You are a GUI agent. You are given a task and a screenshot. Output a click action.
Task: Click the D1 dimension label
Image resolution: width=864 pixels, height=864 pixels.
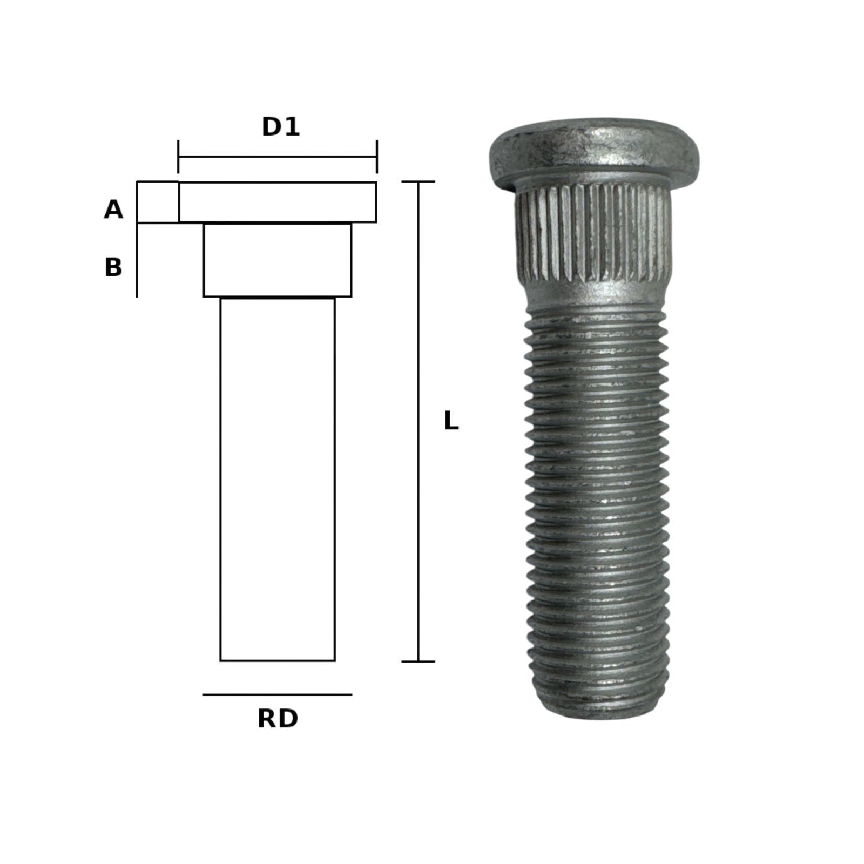280,127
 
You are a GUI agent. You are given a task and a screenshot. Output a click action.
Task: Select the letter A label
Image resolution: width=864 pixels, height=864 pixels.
113,210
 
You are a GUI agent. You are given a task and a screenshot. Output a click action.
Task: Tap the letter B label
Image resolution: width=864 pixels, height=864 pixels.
113,267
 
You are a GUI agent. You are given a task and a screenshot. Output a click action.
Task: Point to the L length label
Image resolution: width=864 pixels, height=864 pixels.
451,421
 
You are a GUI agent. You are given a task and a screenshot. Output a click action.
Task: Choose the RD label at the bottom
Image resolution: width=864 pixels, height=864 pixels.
278,719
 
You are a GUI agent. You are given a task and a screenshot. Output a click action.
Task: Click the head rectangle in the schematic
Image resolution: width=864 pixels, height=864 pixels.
278,202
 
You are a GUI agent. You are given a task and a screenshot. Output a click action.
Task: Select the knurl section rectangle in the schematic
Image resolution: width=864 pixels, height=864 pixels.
278,260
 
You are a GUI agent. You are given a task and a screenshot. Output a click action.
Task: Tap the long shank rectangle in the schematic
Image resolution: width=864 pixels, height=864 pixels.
278,479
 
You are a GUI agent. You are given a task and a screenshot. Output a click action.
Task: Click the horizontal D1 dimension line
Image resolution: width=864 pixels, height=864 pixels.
278,157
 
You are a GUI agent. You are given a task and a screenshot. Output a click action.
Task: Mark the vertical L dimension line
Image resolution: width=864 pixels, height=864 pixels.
418,421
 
